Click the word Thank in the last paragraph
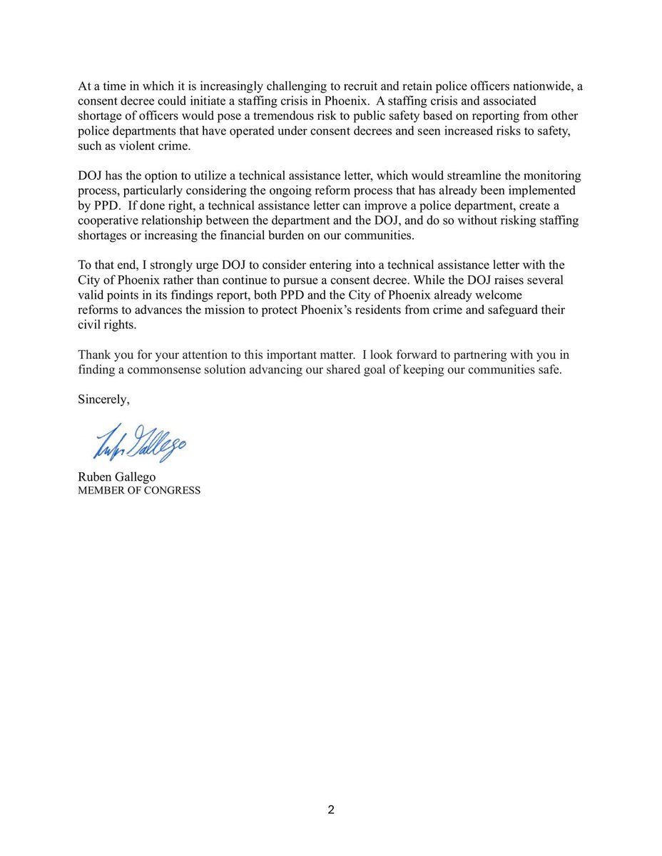click(x=93, y=355)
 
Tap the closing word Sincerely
click(x=103, y=399)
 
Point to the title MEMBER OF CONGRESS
click(x=139, y=491)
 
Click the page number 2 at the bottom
click(x=331, y=810)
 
